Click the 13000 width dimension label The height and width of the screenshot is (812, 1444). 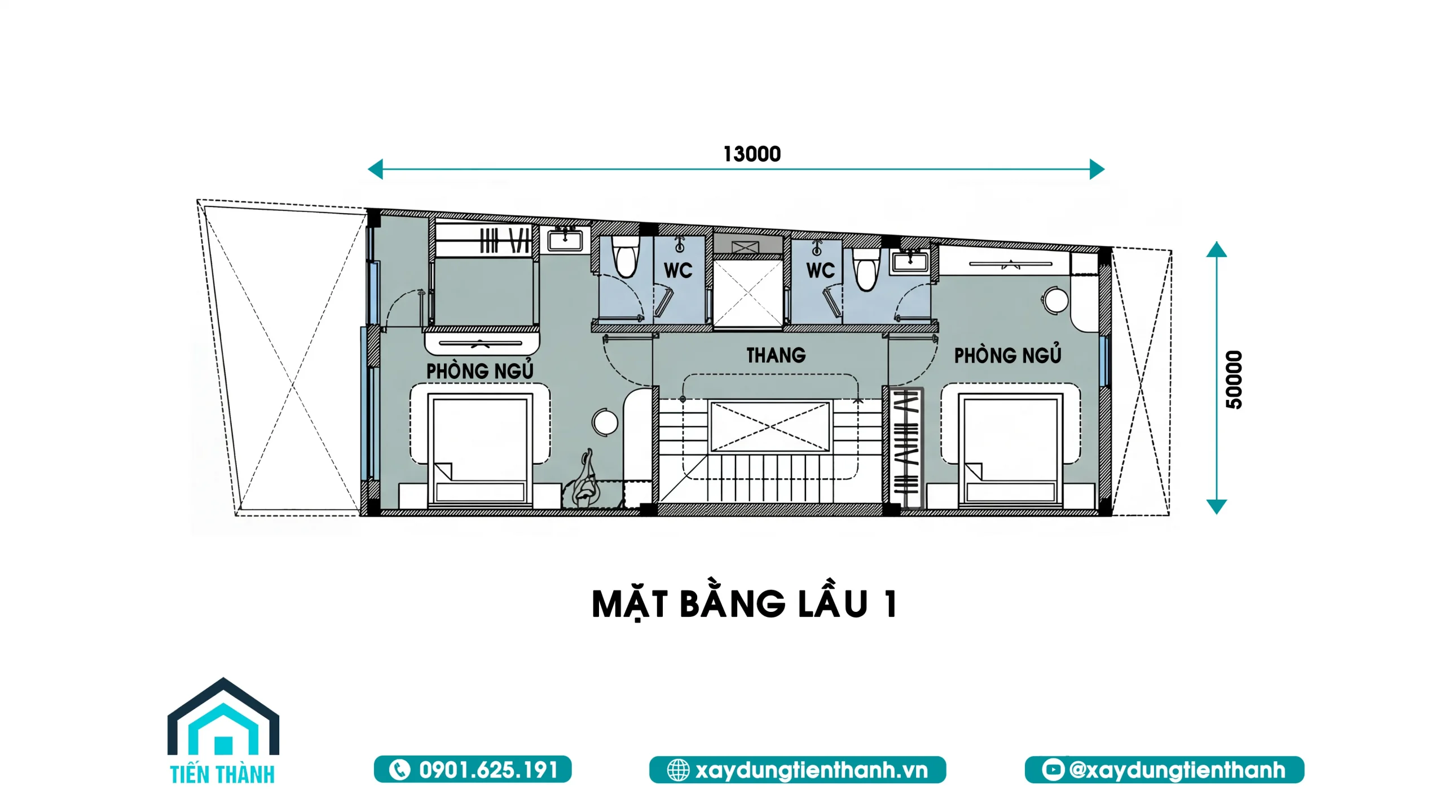coord(752,154)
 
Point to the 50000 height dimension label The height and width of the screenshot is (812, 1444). coord(1234,379)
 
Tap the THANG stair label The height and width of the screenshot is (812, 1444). coord(776,355)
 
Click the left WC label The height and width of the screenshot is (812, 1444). coord(678,271)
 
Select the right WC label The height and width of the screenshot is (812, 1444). coord(820,271)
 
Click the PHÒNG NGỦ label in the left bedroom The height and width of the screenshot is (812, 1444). coord(479,370)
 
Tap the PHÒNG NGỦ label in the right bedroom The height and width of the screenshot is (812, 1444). coord(1007,355)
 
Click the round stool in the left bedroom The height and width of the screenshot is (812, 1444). coord(605,422)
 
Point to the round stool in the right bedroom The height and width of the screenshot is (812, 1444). coord(1055,300)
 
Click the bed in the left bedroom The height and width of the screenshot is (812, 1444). coord(480,448)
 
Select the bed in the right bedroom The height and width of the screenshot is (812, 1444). coord(1010,448)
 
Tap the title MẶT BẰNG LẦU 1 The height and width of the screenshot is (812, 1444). coord(744,604)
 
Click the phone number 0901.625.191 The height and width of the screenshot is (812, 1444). coord(488,770)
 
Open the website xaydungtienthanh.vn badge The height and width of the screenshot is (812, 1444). coord(798,770)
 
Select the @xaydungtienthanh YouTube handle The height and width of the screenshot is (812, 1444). coord(1177,770)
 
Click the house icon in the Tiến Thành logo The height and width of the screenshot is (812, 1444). coord(223,719)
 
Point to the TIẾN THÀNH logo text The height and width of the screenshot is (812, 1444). coord(222,774)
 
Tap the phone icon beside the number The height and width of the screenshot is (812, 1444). coord(399,770)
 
